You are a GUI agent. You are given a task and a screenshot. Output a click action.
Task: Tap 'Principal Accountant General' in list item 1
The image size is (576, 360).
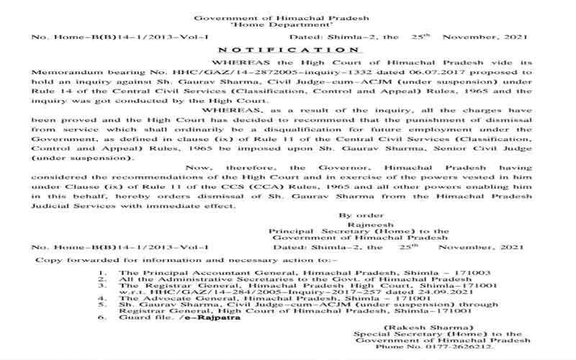(x=191, y=274)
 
